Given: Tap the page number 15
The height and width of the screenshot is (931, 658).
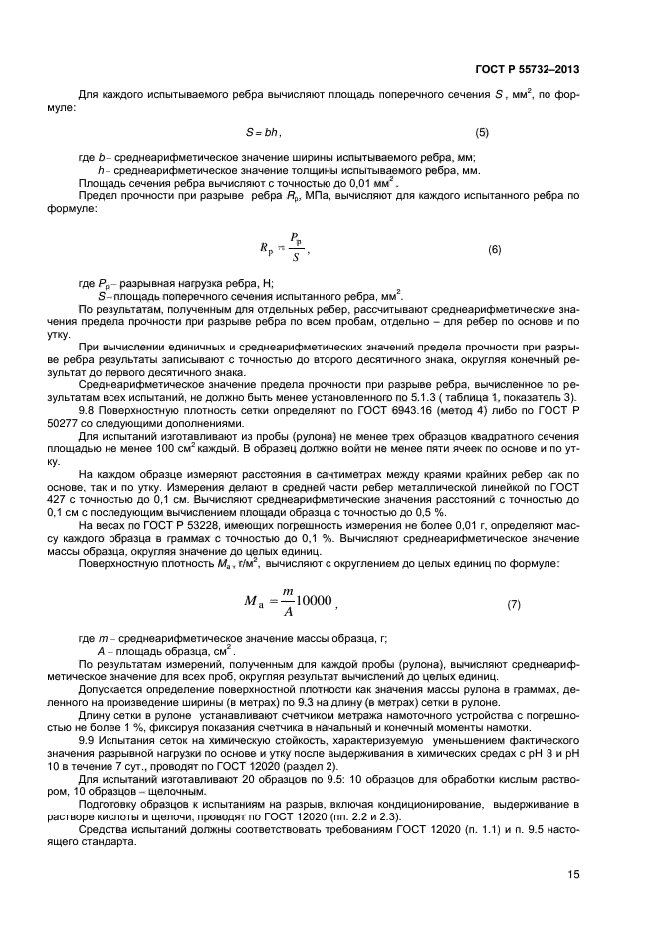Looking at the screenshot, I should pos(572,874).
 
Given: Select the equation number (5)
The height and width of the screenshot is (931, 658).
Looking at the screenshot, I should pos(481,132).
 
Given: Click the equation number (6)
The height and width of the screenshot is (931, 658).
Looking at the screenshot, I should pos(494,249).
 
